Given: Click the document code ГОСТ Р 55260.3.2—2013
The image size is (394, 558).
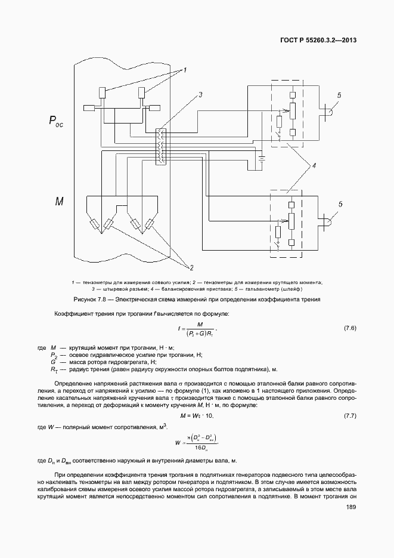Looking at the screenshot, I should [322, 41].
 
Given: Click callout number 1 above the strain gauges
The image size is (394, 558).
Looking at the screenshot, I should [185, 70].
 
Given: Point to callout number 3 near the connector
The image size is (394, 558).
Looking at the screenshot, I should [201, 95].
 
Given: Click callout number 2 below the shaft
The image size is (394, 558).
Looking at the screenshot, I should [192, 266].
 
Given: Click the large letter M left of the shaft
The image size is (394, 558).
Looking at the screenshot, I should [60, 202].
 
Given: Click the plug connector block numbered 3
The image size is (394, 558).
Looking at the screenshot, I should [159, 147].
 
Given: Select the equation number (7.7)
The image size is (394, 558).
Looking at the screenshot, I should [350, 415].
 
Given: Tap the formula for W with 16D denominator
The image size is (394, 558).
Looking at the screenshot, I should [197, 442].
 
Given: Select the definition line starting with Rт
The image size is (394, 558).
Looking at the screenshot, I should [161, 369].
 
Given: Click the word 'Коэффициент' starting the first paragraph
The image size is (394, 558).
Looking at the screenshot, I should [73, 313].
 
